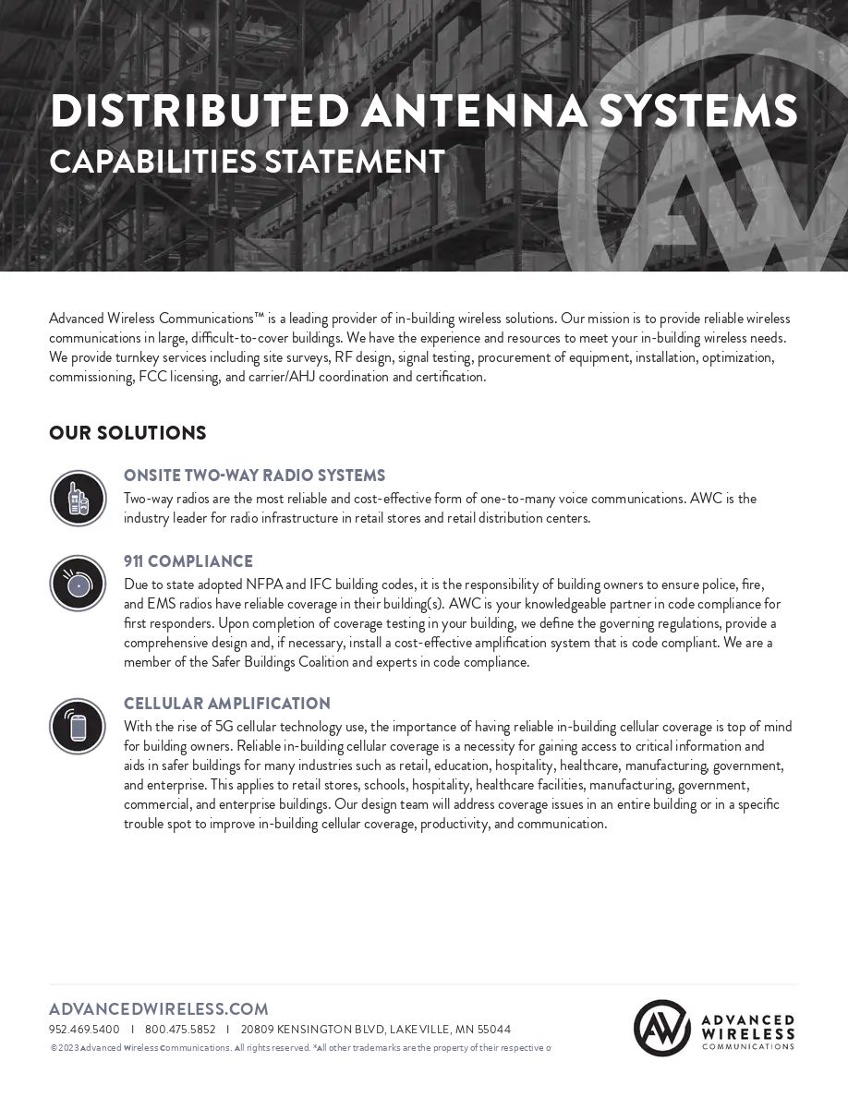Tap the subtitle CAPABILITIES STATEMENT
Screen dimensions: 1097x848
247,162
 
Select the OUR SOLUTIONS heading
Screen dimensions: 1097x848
127,433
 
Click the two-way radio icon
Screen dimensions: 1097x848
78,498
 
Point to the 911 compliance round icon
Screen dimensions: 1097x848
78,583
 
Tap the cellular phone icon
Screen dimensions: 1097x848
78,726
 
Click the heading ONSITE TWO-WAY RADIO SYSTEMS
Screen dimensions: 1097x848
254,476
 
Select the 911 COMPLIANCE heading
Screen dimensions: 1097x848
188,561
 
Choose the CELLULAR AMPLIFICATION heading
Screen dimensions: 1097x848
226,704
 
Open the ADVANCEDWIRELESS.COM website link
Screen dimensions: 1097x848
158,1009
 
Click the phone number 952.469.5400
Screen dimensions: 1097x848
84,1030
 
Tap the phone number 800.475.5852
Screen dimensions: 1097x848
180,1030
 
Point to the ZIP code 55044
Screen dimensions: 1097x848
493,1030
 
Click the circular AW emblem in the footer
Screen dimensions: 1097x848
662,1028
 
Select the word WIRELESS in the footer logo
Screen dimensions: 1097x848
748,1032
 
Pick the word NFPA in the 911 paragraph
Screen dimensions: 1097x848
265,585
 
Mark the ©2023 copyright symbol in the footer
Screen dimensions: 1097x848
54,1048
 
